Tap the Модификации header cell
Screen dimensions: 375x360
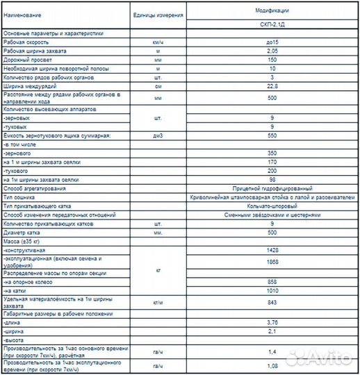tap(272, 10)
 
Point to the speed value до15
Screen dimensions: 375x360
tap(272, 43)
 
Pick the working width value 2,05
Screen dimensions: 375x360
tap(272, 51)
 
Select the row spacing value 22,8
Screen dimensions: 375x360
tap(272, 86)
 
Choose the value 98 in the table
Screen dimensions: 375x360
tap(272, 179)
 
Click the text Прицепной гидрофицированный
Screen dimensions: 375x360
tap(272, 188)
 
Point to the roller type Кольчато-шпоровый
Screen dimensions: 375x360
tap(272, 206)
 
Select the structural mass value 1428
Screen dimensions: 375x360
tap(272, 249)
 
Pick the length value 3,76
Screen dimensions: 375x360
tap(272, 323)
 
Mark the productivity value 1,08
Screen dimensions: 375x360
tap(272, 365)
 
